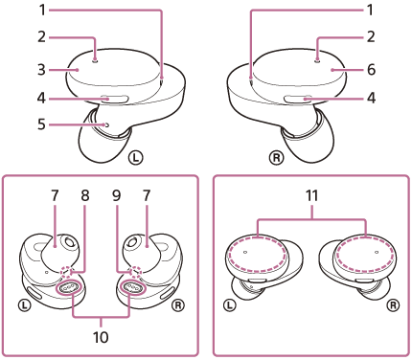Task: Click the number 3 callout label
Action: click(x=41, y=70)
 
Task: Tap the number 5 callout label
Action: click(x=41, y=124)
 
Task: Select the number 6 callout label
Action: click(x=371, y=70)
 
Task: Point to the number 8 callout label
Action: click(x=85, y=195)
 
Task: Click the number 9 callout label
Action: click(x=117, y=195)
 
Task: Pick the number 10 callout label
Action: click(x=101, y=337)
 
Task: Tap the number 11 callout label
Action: click(x=311, y=195)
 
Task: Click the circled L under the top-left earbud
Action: click(x=136, y=157)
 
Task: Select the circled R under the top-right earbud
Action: click(x=276, y=157)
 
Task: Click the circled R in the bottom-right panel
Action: click(x=393, y=305)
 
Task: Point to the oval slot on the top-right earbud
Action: click(x=298, y=100)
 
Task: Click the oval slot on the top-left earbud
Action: click(x=114, y=100)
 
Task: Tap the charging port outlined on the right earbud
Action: click(x=131, y=287)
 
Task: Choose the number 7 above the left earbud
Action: click(x=55, y=195)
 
